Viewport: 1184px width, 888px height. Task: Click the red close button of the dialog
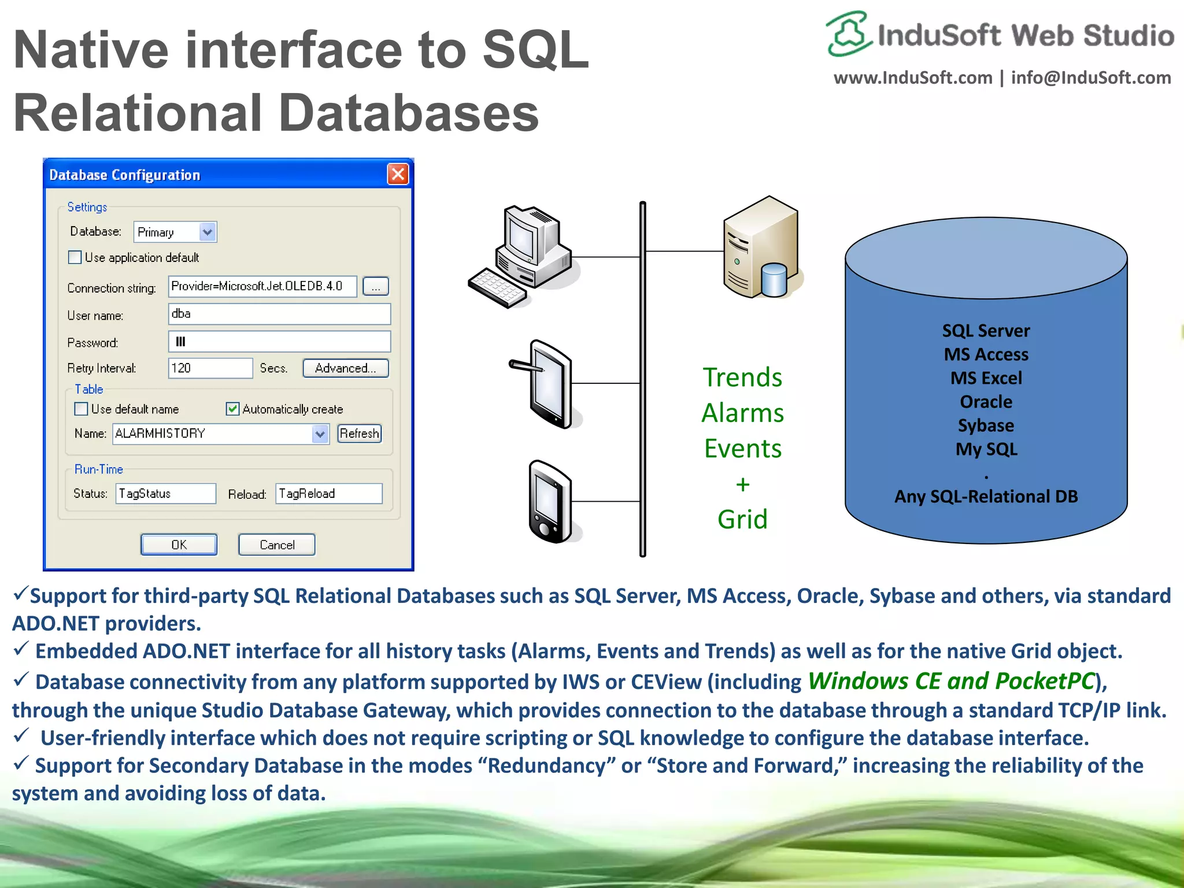pos(398,174)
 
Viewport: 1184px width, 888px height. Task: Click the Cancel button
pos(276,545)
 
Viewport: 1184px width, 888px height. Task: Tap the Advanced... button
pos(345,368)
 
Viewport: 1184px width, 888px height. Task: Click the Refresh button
pos(359,434)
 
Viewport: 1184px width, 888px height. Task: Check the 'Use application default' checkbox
pos(75,257)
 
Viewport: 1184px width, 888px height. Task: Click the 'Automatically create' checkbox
pos(232,409)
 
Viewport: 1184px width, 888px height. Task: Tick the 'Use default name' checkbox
pos(82,409)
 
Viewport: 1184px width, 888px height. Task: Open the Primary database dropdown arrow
pos(207,232)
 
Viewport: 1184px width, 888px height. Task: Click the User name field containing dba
pos(279,314)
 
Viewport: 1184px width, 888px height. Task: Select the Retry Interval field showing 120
pos(210,368)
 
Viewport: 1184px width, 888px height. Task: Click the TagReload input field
pos(328,494)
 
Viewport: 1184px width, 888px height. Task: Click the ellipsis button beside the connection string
pos(375,287)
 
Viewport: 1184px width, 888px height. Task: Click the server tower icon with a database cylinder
pos(761,249)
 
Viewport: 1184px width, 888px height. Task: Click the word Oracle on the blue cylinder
pos(986,402)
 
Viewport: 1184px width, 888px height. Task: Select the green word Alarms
pos(742,413)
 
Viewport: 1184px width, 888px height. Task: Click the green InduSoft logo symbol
pos(848,34)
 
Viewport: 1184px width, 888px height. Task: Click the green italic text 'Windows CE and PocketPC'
pos(951,681)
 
